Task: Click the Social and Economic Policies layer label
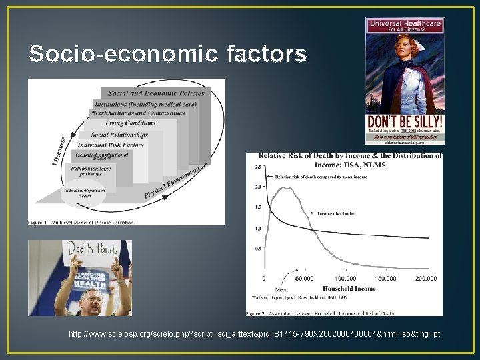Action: click(156, 94)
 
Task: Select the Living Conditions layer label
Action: click(130, 123)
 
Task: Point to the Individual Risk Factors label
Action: click(111, 145)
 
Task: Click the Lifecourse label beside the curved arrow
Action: click(59, 151)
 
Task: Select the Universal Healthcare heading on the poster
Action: click(405, 23)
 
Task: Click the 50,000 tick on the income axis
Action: click(304, 277)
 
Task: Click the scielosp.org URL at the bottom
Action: click(253, 333)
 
